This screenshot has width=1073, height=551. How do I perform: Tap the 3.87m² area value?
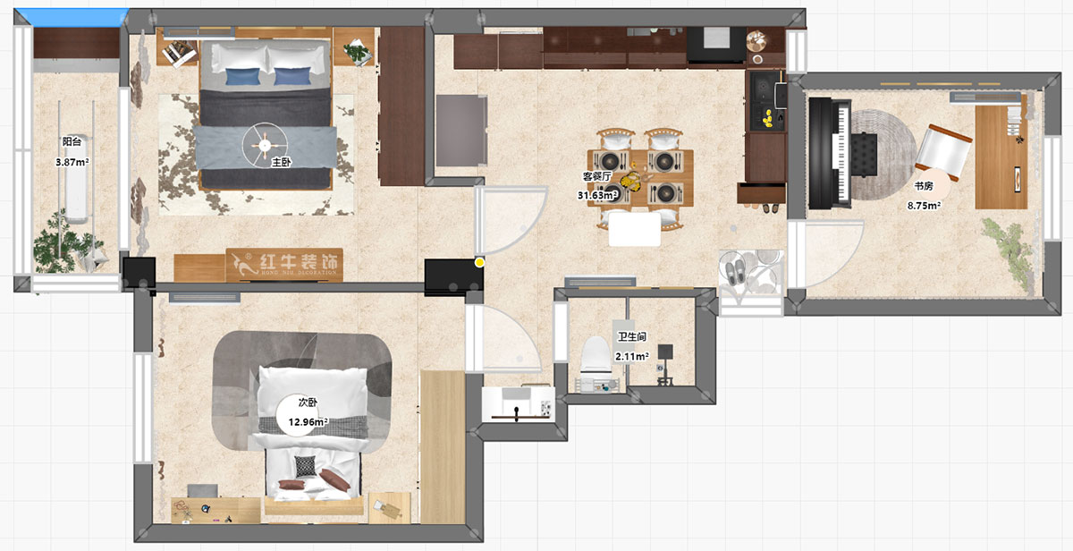[72, 163]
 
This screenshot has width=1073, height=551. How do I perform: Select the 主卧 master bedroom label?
[280, 163]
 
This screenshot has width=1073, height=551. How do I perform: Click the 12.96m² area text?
[308, 421]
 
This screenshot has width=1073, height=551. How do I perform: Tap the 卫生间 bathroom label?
[631, 337]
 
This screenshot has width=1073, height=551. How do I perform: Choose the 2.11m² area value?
[631, 356]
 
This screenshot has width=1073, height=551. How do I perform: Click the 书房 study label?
[924, 187]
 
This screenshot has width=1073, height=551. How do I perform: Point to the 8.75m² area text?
[924, 205]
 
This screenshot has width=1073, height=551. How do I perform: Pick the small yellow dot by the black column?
[480, 263]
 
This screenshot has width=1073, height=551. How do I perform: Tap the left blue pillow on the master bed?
[239, 76]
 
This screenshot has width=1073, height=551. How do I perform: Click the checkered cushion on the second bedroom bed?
[305, 466]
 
